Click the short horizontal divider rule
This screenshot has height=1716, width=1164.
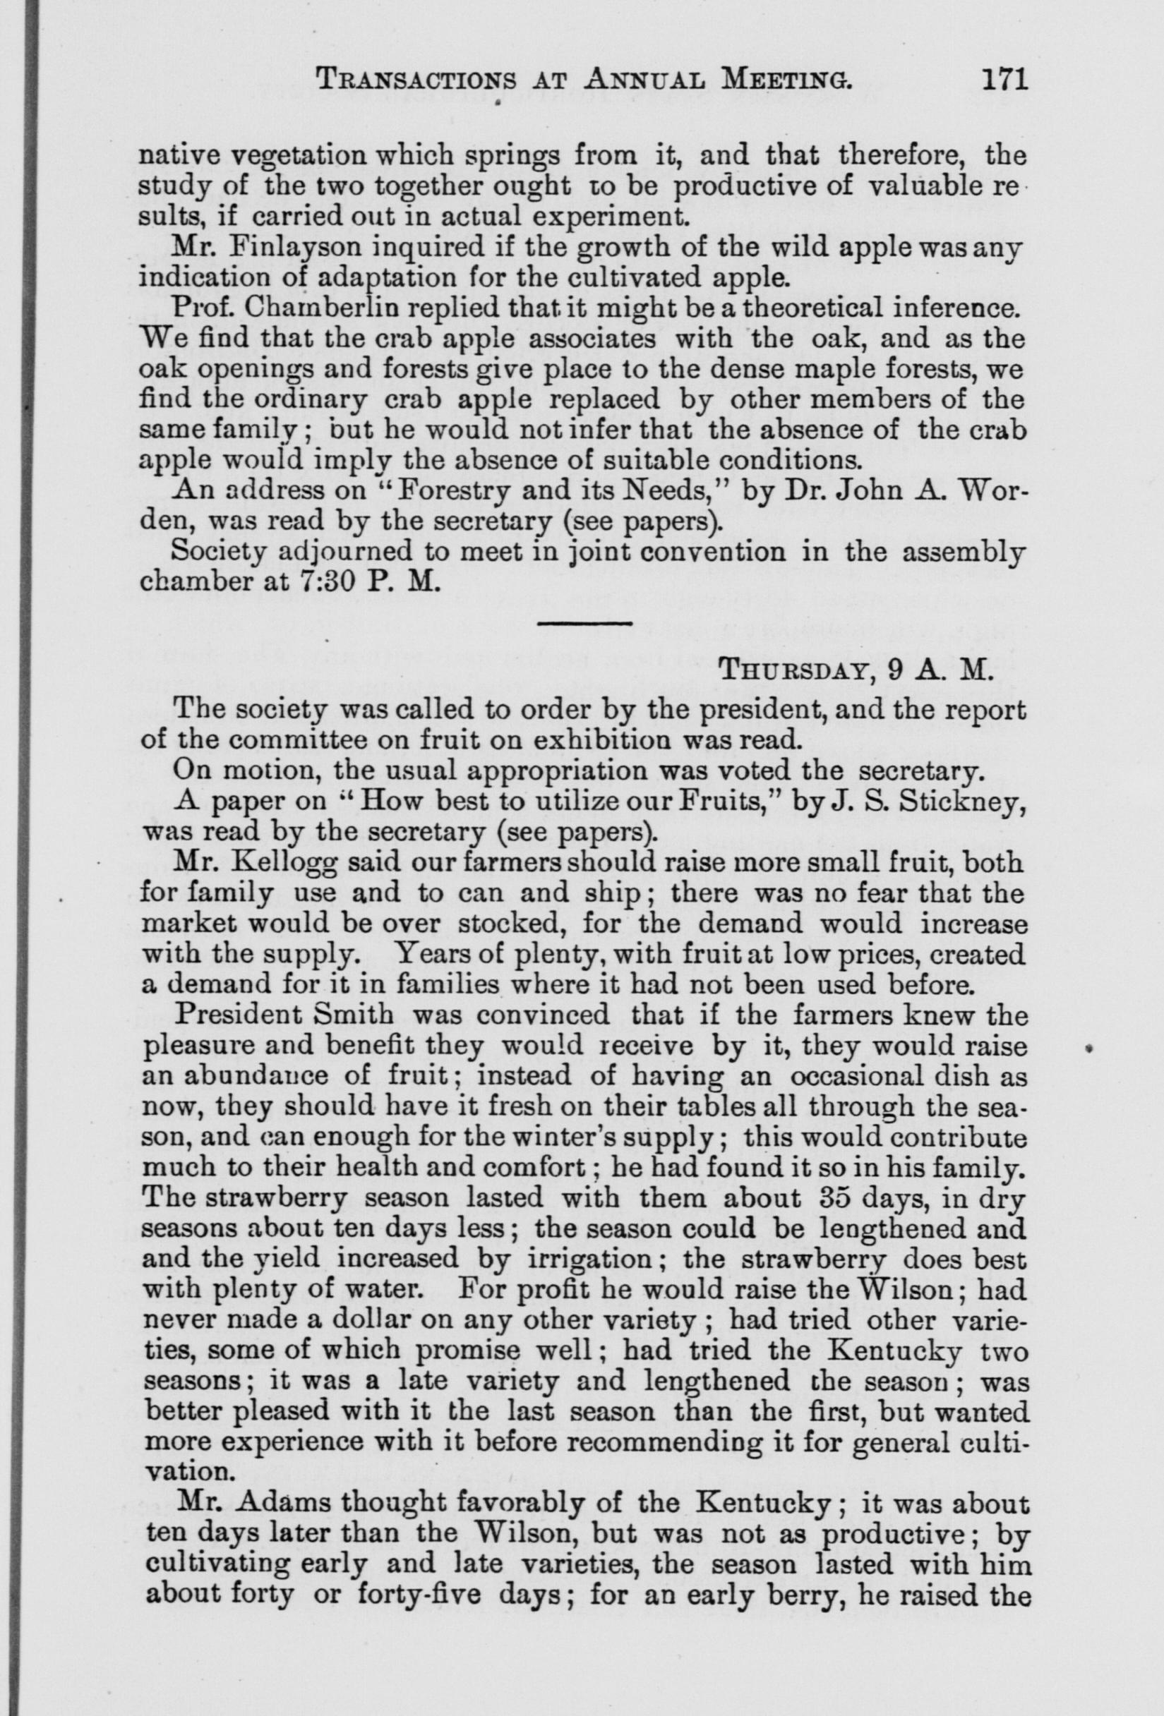(584, 624)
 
